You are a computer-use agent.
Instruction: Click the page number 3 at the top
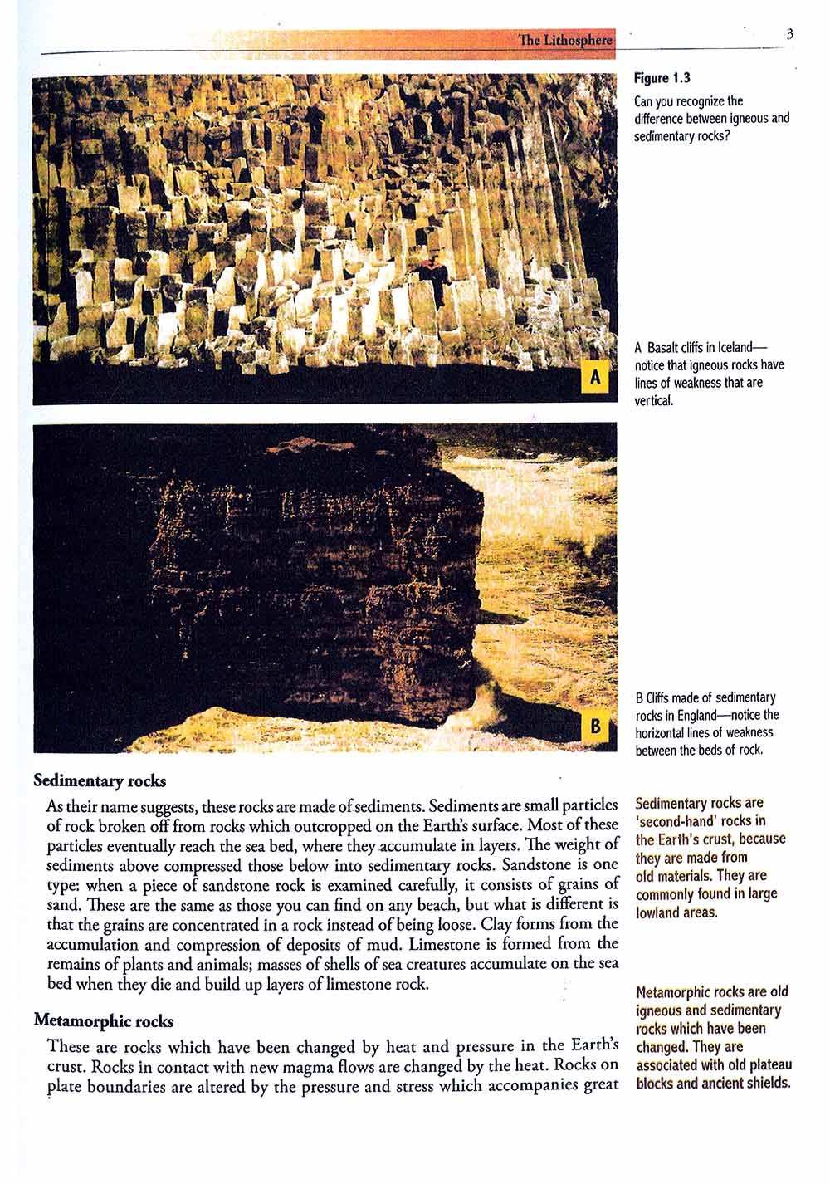point(789,34)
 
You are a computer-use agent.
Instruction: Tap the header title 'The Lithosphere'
point(564,40)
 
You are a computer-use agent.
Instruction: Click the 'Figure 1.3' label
point(662,78)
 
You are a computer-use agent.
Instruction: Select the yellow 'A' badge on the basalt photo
point(594,377)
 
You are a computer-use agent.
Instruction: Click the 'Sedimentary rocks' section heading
point(100,780)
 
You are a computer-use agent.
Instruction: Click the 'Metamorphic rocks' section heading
point(104,1020)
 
